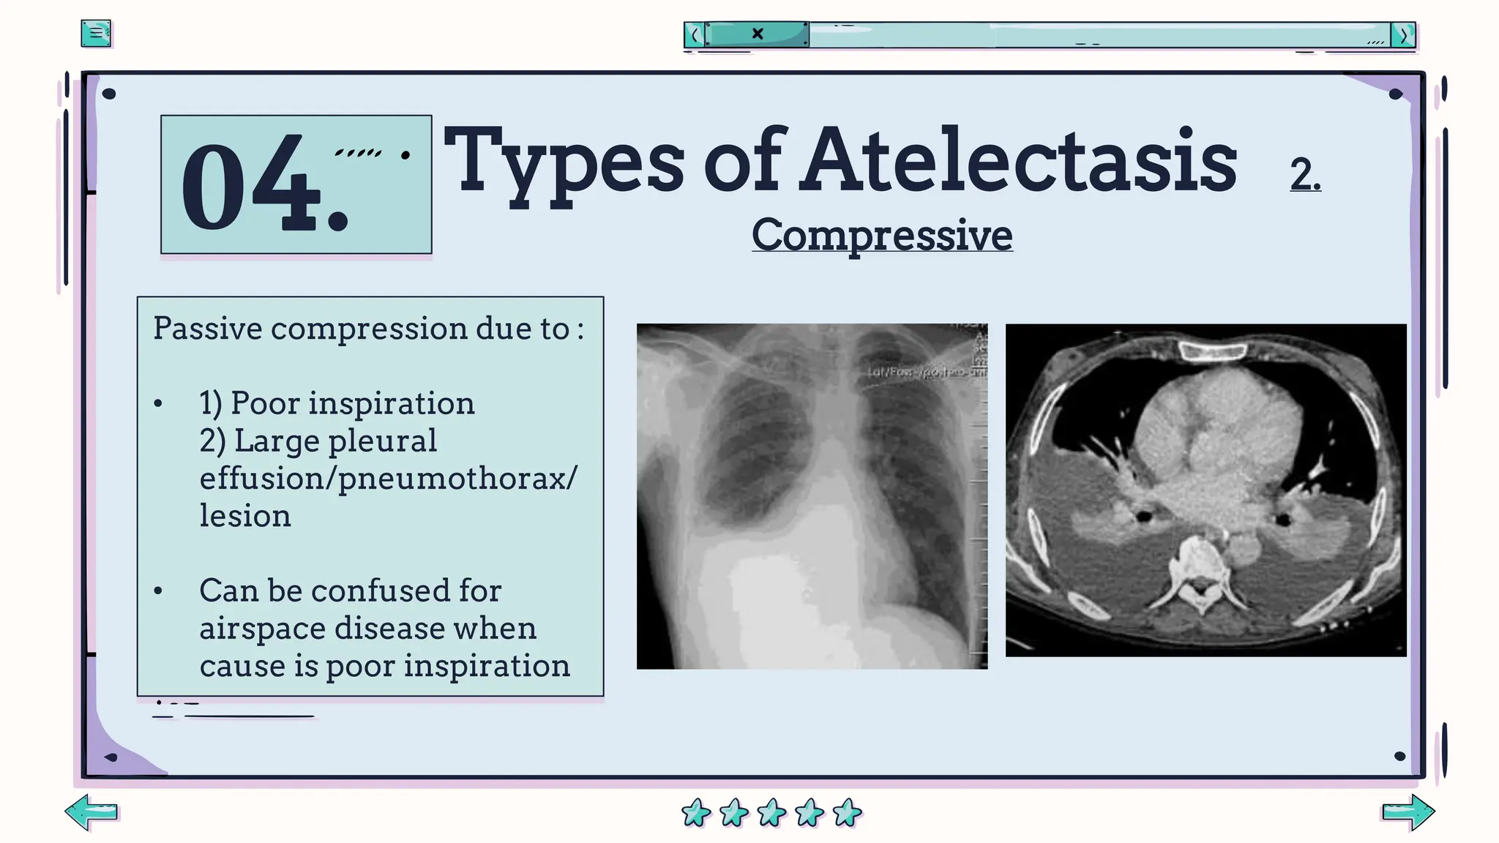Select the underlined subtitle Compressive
coord(882,235)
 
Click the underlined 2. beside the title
coord(1305,176)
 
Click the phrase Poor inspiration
coord(352,403)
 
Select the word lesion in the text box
coord(245,516)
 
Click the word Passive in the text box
coord(208,329)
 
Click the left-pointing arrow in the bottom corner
coord(91,812)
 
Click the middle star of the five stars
coord(771,812)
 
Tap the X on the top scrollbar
coord(758,34)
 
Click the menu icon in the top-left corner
coord(96,34)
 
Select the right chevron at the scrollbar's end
coord(1403,35)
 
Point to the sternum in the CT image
coord(1211,353)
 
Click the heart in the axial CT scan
coord(1215,439)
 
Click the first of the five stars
coord(695,812)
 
